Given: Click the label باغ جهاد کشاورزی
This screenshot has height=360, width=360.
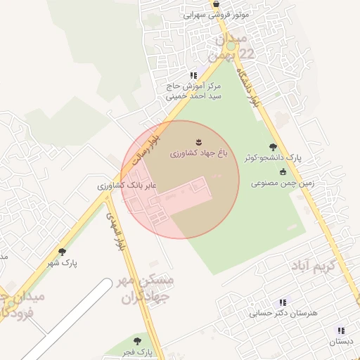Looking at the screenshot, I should point(198,153).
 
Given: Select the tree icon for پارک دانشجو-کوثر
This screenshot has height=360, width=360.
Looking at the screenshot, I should point(273,148).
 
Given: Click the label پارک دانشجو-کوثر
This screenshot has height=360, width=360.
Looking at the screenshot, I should point(272,159).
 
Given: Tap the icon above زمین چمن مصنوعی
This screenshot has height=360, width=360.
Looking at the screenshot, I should point(283,172).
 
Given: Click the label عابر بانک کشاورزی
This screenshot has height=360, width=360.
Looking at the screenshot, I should point(127,186).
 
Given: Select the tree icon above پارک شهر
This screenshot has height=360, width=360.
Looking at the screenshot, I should point(62,252).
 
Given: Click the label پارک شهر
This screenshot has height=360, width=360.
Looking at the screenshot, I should point(63,263).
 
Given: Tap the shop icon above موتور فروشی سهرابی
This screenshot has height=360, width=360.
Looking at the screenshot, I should point(215,4).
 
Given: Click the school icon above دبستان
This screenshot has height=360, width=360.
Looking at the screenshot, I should point(340,330).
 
